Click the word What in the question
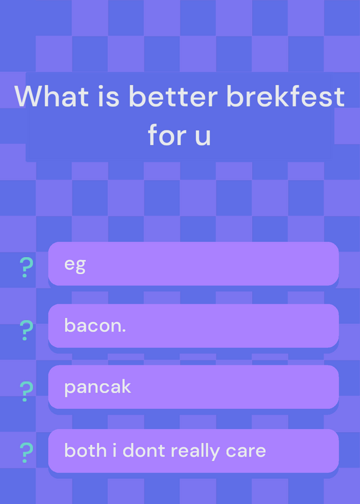tap(52, 96)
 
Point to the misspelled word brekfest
tap(286, 96)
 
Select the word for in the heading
tap(167, 134)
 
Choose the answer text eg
tap(75, 265)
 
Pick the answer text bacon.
tap(95, 325)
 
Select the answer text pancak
tap(98, 387)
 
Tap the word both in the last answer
tap(85, 450)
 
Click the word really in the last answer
tap(195, 451)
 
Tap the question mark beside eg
tap(26, 267)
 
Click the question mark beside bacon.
tap(26, 330)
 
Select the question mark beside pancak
tap(26, 391)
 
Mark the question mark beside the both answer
tap(26, 452)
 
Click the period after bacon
tap(124, 331)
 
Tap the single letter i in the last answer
tap(115, 450)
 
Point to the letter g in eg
tap(81, 266)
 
